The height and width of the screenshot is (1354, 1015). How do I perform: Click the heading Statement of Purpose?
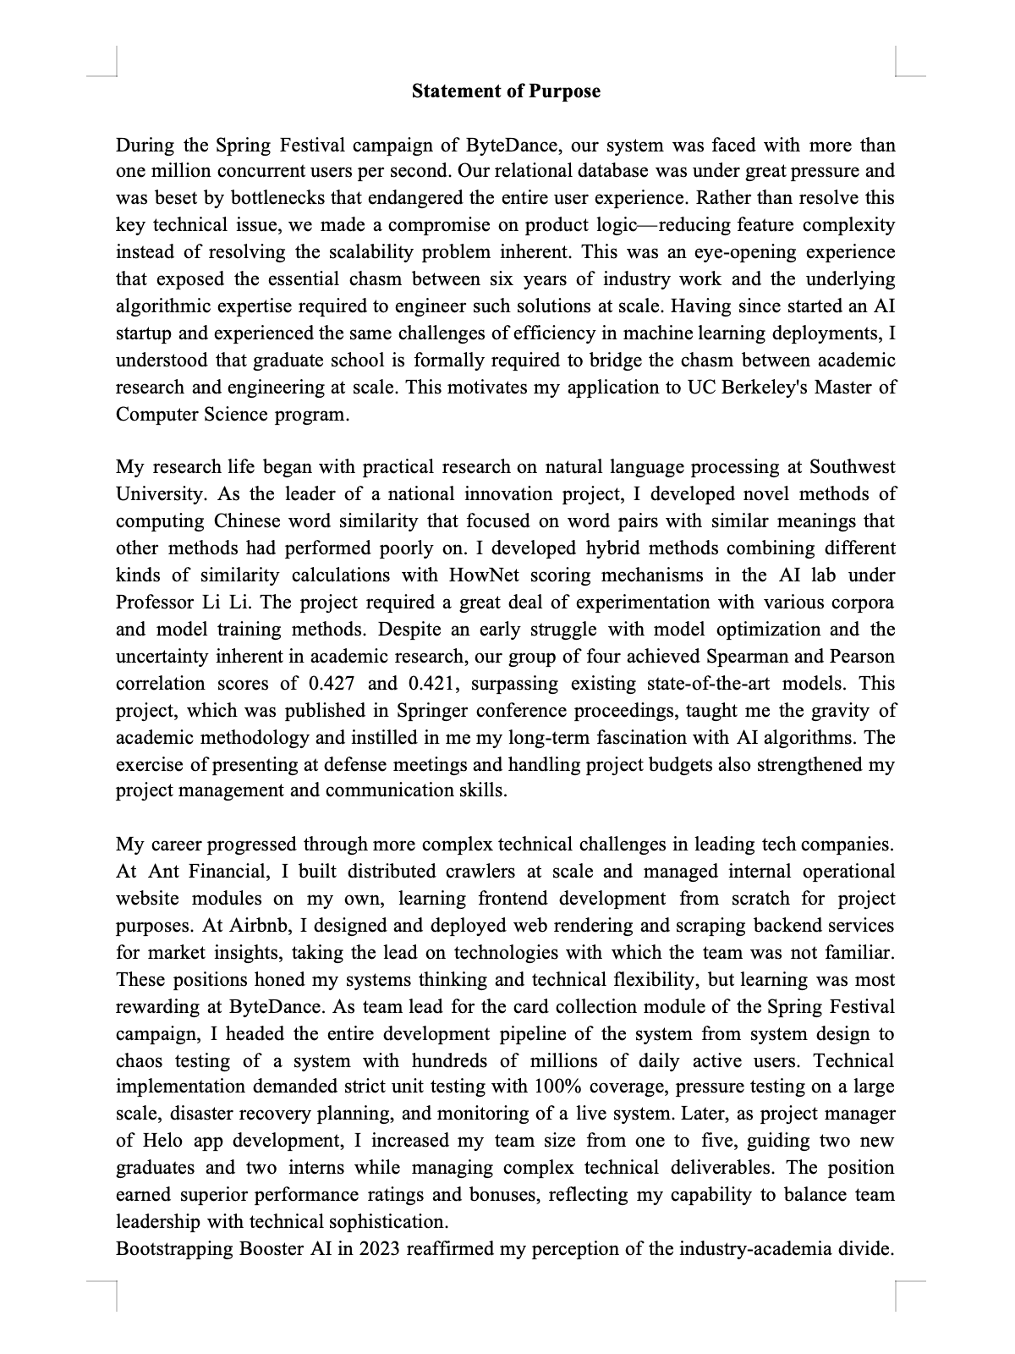pyautogui.click(x=506, y=91)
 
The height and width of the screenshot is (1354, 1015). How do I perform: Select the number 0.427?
pyautogui.click(x=335, y=684)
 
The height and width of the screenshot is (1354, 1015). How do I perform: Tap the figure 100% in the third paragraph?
pyautogui.click(x=556, y=1087)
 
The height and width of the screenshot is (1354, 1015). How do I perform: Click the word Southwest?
pyautogui.click(x=852, y=467)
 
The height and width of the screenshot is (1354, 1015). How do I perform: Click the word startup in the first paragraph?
pyautogui.click(x=143, y=333)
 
